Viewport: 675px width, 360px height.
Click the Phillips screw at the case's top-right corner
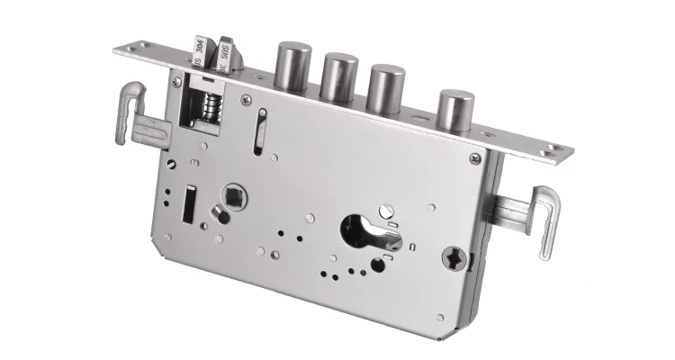coord(474,159)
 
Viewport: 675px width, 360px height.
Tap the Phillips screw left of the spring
coord(177,82)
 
